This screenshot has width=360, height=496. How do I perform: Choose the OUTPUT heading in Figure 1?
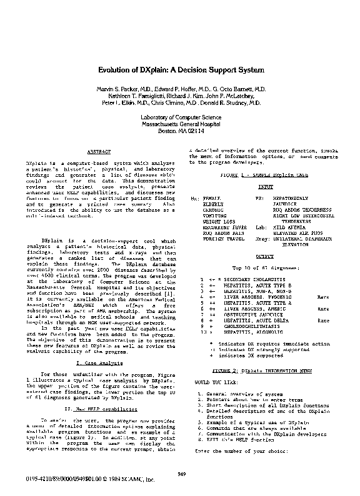(x=266, y=257)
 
